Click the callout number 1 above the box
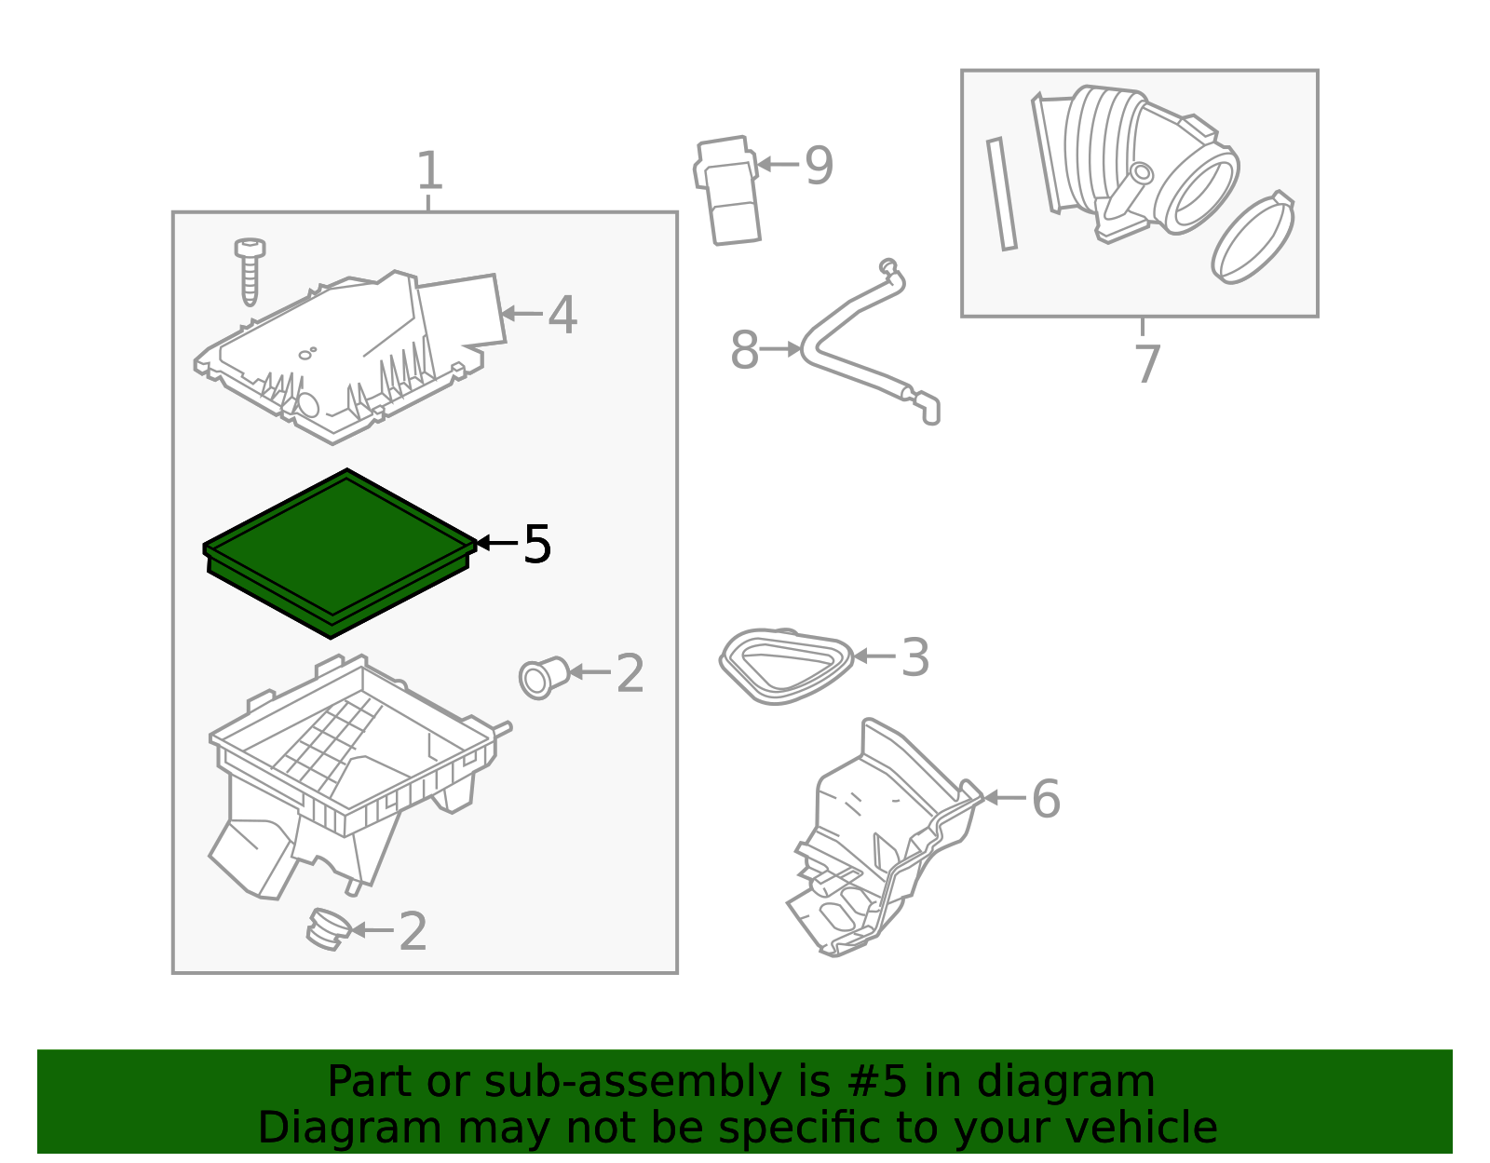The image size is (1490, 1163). point(429,170)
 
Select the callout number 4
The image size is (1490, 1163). point(562,315)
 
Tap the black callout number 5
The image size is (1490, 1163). point(537,545)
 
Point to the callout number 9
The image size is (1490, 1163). point(819,166)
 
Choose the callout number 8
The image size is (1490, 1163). point(745,350)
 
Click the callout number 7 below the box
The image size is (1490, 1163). point(1146,364)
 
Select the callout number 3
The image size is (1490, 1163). point(914,658)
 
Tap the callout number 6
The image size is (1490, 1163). point(1046,799)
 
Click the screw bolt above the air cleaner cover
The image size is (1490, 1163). point(250,271)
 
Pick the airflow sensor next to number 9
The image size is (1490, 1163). point(726,191)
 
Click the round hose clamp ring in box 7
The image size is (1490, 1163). point(1253,237)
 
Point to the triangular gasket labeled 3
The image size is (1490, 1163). point(787,666)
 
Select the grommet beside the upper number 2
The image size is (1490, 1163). point(544,679)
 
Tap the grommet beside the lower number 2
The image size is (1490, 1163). point(329,929)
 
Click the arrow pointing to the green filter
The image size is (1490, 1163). point(496,543)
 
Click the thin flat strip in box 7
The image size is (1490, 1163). point(1001,194)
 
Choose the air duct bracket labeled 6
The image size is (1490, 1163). point(886,837)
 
